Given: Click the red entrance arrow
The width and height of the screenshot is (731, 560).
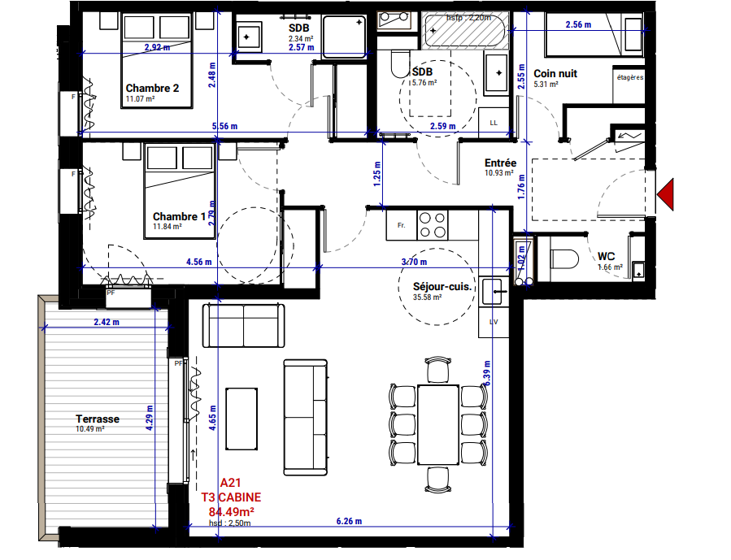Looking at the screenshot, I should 668,194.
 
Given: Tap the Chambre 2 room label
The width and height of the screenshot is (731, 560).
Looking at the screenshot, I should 152,88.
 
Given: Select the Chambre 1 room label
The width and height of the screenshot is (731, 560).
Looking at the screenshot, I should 179,216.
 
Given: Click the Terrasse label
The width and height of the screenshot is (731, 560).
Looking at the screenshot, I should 98,419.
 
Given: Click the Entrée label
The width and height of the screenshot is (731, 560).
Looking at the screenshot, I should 500,163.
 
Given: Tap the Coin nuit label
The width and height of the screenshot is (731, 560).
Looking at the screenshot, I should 555,73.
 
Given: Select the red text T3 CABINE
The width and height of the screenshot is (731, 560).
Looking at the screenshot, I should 231,497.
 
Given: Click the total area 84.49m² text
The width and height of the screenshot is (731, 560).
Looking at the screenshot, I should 231,511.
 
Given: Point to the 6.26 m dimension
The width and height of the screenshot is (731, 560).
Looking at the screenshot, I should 348,521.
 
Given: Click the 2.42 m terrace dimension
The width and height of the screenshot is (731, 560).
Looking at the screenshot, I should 105,322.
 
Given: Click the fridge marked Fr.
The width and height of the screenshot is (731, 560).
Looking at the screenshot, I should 401,224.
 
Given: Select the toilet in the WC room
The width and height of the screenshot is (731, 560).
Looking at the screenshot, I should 563,258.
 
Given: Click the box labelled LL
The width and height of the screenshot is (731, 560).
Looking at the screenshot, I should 494,122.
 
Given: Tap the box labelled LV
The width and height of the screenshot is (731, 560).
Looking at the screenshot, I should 493,321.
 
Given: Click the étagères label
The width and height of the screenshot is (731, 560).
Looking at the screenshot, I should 629,78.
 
